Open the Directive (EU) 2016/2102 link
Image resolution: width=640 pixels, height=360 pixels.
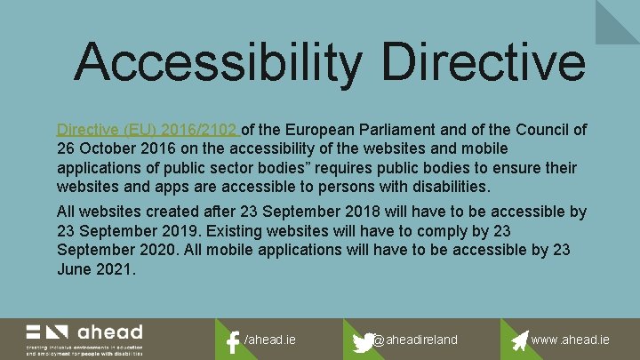coord(147,130)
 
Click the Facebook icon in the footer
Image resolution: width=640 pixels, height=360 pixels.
coord(233,341)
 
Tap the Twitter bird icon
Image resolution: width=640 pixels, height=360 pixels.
coord(364,341)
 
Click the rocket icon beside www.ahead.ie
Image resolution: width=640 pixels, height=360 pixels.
coord(519,340)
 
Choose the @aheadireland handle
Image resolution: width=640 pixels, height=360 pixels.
coord(416,340)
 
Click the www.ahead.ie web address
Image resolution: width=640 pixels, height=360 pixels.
coord(571,340)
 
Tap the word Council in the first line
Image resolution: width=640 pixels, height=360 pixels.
coord(543,130)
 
